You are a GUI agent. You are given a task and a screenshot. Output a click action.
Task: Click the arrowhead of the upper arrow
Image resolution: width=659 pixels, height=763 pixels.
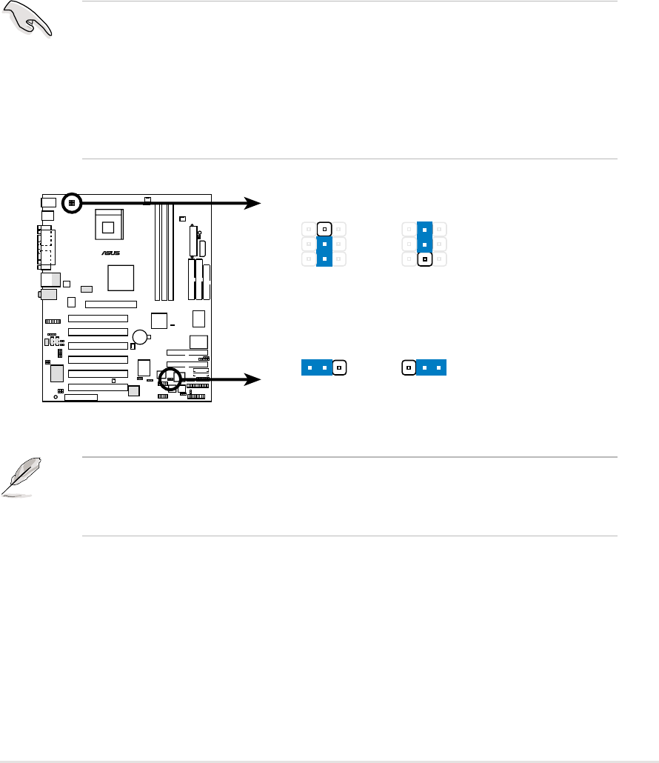coord(255,202)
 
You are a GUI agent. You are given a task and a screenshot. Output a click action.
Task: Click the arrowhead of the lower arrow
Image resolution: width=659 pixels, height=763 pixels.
coord(255,379)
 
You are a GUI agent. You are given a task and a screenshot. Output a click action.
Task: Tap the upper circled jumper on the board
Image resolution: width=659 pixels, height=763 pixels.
coord(71,202)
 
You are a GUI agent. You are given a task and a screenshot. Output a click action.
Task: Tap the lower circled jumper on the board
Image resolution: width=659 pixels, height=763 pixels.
coord(171,378)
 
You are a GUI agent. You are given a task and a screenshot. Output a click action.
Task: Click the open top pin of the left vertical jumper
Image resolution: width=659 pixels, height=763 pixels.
coord(325,229)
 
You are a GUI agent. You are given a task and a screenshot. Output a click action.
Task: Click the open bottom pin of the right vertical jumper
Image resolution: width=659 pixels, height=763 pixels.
coord(424,260)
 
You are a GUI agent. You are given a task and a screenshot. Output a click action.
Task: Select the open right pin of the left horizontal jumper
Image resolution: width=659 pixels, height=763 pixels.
coord(339,367)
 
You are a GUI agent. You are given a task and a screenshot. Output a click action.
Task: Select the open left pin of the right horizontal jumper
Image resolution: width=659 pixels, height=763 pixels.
coord(407,367)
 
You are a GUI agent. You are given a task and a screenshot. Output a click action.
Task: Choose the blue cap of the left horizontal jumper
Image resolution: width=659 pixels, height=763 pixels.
coord(317,367)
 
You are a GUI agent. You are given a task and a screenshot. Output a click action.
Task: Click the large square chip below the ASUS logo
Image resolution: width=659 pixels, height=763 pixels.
coord(120,279)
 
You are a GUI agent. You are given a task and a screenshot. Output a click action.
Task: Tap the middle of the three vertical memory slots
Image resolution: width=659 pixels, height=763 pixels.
coord(164,253)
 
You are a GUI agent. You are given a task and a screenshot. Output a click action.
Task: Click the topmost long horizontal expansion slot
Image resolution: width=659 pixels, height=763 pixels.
coord(110,304)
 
